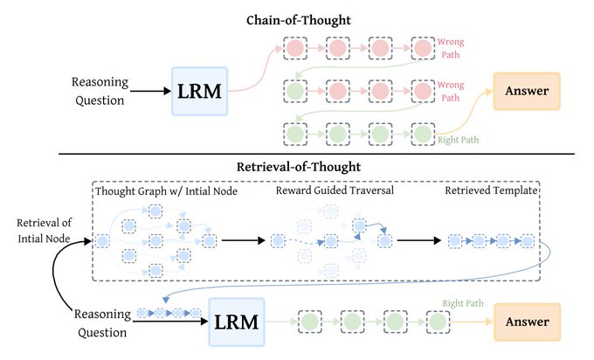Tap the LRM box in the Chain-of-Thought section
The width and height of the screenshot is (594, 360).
(200, 92)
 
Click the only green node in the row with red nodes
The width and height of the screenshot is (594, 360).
(296, 90)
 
